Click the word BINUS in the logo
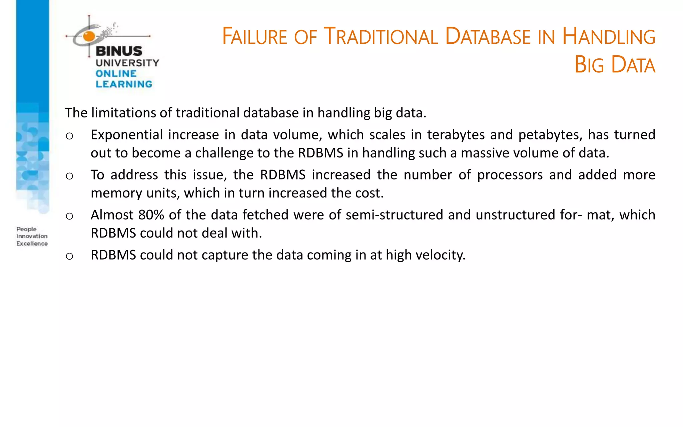click(x=119, y=51)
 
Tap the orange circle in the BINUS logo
click(x=89, y=36)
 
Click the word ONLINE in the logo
click(x=116, y=73)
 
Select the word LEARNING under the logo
click(x=124, y=84)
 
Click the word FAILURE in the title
click(x=254, y=36)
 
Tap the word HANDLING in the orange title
click(x=609, y=36)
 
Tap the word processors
click(x=510, y=175)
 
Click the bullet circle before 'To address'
click(x=69, y=176)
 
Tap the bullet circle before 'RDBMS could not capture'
click(x=69, y=256)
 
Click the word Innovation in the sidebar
click(x=32, y=236)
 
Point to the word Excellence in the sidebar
click(x=32, y=244)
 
